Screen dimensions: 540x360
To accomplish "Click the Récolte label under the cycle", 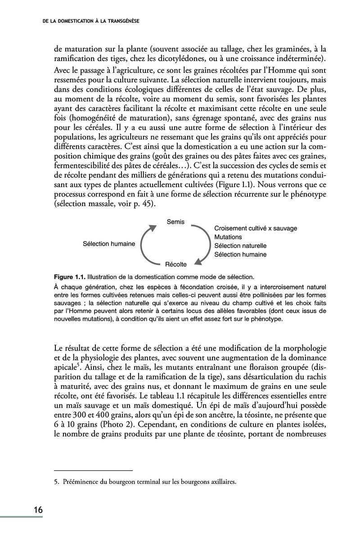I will click(176, 264).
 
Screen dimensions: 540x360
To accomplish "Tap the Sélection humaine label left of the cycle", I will click(109, 243).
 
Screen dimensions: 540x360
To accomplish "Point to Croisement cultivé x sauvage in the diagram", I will click(256, 228).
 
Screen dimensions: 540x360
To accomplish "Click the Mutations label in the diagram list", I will click(228, 237).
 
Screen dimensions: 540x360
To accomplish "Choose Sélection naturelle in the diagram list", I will click(240, 246).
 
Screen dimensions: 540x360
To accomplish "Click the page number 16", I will click(38, 510).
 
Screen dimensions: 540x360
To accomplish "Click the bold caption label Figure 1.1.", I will click(69, 276).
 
